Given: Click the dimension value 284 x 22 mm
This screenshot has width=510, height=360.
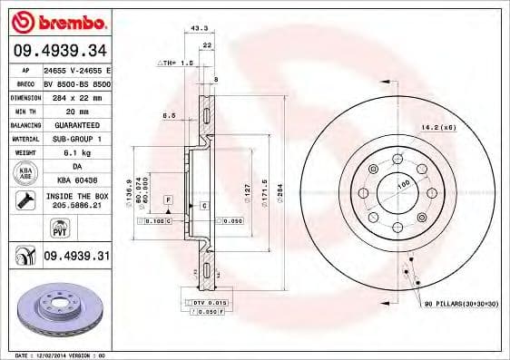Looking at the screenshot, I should click(78, 97).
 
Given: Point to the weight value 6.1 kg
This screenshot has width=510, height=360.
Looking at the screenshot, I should click(77, 153).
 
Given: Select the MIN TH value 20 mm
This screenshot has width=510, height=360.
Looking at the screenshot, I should click(77, 112).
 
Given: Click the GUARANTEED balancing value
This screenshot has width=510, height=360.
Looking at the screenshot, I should click(78, 125).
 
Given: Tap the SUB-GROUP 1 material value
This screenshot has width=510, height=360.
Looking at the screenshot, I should click(78, 139).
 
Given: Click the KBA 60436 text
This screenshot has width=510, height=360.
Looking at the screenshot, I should click(78, 182).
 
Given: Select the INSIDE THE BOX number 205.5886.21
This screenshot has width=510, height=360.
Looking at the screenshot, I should click(78, 206).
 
